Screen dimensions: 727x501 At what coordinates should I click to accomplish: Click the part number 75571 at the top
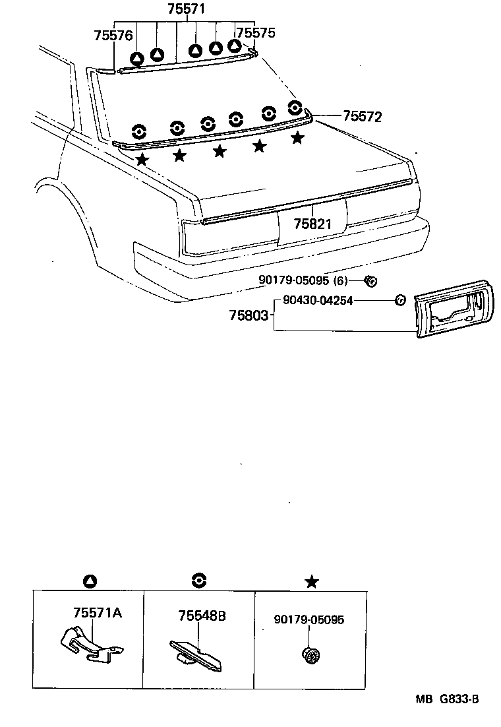(x=186, y=9)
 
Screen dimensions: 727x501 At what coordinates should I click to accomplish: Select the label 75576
(x=113, y=36)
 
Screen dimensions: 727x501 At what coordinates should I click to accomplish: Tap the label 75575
(x=256, y=33)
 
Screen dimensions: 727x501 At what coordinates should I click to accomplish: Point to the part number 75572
(x=362, y=117)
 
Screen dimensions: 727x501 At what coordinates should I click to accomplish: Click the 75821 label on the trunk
(x=312, y=223)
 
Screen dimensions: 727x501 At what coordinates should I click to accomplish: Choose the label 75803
(x=249, y=316)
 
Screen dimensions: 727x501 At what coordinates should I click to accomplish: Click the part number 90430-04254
(x=318, y=300)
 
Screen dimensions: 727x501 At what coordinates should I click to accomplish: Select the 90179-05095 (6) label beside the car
(x=303, y=280)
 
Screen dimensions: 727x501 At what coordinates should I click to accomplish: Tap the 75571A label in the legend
(x=96, y=613)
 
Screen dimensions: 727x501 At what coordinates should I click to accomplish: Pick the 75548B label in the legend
(x=202, y=616)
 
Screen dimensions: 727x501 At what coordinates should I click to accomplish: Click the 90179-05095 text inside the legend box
(x=309, y=619)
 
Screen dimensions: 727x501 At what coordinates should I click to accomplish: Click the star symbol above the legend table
(x=312, y=581)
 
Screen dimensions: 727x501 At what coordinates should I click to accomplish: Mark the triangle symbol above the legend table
(x=90, y=581)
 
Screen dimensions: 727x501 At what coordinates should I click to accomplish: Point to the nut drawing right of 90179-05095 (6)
(x=370, y=281)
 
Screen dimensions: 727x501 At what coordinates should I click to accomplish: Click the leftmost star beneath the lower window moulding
(x=142, y=159)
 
